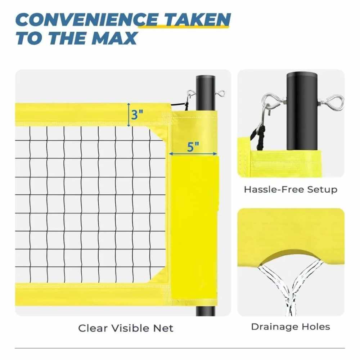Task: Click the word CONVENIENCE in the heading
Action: [x=87, y=20]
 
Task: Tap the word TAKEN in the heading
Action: [x=197, y=20]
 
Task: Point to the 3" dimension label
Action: [x=137, y=114]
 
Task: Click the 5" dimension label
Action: [x=193, y=147]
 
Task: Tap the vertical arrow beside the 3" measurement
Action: [x=129, y=115]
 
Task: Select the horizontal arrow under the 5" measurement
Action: [x=193, y=154]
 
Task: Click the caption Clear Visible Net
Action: [x=126, y=328]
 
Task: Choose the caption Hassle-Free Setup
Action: [x=291, y=190]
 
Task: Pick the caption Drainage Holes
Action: [x=291, y=327]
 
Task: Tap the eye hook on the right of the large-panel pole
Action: [x=220, y=94]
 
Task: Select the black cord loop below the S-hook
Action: [x=258, y=138]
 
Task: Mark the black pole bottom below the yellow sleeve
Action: [x=206, y=311]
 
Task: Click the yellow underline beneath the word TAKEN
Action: [x=184, y=27]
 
